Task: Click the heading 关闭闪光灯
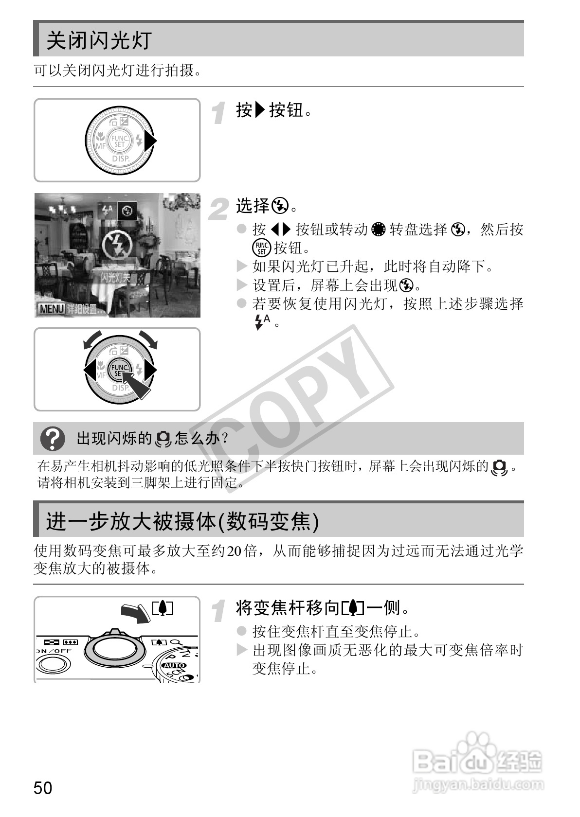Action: tap(99, 40)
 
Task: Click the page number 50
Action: tap(43, 788)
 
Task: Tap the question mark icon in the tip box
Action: tap(53, 439)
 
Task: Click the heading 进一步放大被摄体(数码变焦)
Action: tap(182, 522)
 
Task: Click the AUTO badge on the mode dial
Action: tap(174, 665)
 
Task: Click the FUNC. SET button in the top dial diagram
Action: tap(119, 141)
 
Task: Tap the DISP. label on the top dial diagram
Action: tap(121, 159)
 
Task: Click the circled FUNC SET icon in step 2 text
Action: tap(261, 248)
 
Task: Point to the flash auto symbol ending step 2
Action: tap(262, 321)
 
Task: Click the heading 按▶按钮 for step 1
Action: tap(273, 110)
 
